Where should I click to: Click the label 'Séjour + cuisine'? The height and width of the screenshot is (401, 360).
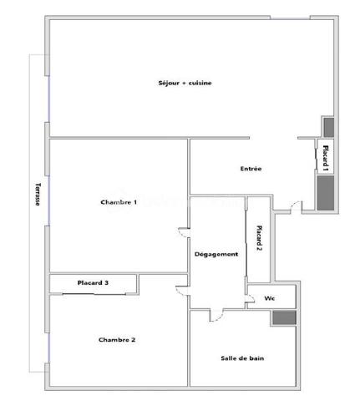click(x=185, y=83)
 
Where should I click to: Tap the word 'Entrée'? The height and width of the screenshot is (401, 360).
click(x=251, y=169)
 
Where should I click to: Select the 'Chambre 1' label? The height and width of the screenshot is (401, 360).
click(x=119, y=203)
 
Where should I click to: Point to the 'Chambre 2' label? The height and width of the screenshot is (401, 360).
click(x=117, y=339)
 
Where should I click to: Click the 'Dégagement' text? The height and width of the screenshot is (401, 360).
click(x=216, y=254)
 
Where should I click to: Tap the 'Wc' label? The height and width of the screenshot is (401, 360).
click(x=270, y=298)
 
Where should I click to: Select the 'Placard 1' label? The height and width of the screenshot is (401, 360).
click(x=325, y=157)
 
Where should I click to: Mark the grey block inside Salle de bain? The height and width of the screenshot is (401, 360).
click(x=283, y=318)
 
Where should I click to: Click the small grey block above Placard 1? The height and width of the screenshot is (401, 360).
click(x=328, y=127)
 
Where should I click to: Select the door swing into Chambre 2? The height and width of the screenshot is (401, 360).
click(x=181, y=290)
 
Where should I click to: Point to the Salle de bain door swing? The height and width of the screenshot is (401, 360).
click(x=215, y=314)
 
